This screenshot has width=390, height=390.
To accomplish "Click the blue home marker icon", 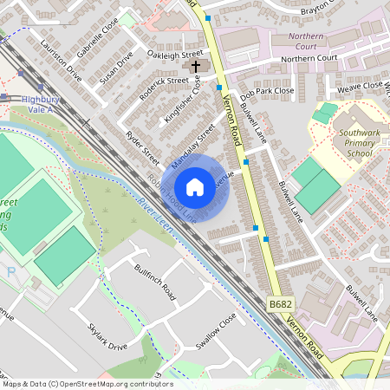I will point(195,187).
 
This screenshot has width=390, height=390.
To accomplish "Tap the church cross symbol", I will point(196,66).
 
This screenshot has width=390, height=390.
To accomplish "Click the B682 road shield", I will point(279,306).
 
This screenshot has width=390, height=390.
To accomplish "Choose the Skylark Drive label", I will point(107,339).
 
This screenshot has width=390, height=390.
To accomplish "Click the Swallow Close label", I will point(215,333).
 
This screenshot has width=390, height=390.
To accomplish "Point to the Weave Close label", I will point(360,85).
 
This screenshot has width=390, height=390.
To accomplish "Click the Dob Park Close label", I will point(268,90).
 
